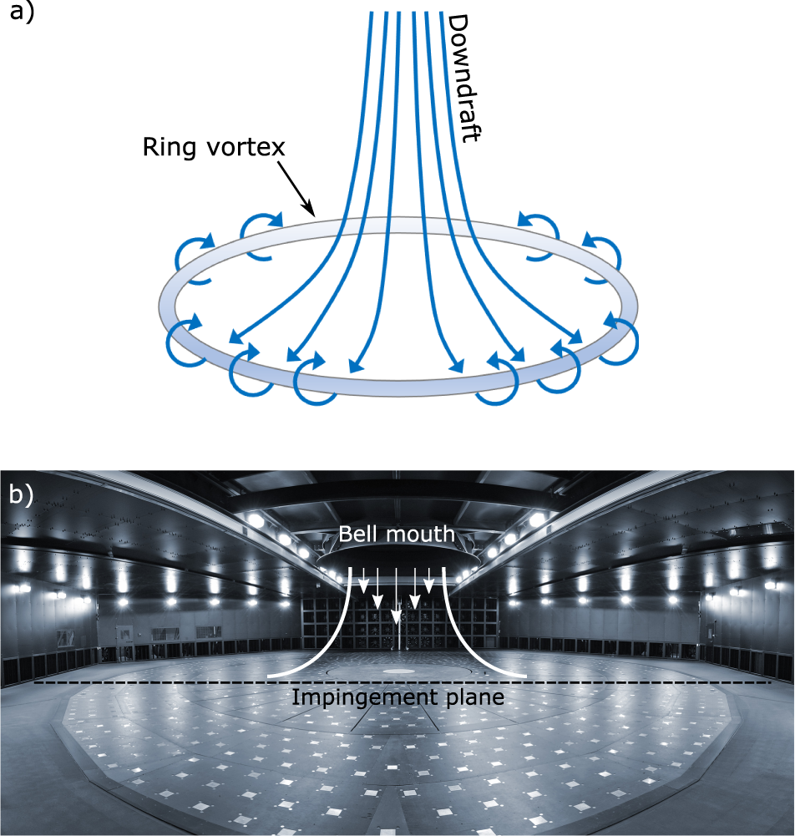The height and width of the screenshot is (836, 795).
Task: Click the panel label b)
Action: (20, 494)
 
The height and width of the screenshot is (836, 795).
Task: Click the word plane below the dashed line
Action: (473, 697)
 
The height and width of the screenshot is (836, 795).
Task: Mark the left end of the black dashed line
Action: (35, 683)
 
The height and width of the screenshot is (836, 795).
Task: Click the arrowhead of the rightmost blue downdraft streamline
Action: (576, 338)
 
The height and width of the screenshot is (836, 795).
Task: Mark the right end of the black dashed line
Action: (769, 683)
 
